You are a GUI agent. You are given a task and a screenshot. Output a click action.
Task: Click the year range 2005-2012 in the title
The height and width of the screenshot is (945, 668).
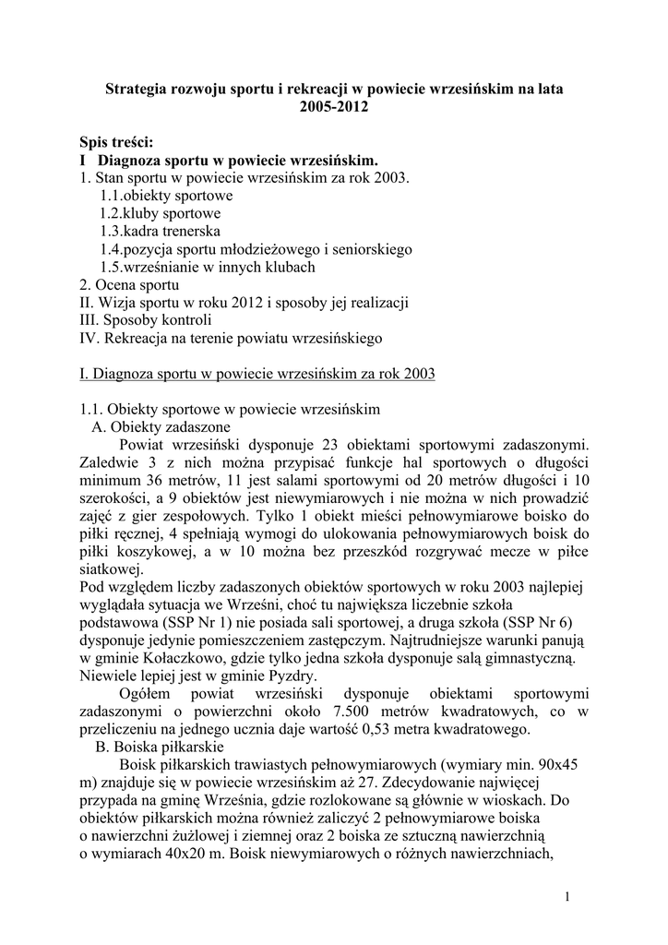click(x=333, y=107)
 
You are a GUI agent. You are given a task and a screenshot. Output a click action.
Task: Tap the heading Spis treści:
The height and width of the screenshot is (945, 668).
click(x=116, y=142)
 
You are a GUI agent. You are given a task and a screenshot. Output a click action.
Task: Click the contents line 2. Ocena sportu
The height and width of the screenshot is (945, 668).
click(x=129, y=285)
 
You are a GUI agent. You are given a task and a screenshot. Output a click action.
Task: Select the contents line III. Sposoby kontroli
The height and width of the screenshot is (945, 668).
click(x=146, y=320)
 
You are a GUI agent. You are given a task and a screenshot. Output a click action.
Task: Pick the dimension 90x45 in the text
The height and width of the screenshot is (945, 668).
click(x=560, y=764)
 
